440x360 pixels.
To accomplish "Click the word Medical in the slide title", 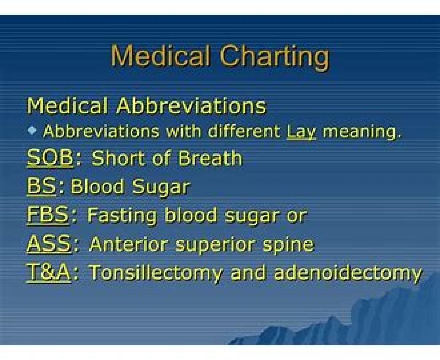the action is (160, 55).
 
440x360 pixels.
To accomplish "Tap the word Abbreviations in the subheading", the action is (191, 106).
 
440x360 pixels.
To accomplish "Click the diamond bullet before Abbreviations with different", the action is (32, 131).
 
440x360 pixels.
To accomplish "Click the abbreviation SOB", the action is (50, 158).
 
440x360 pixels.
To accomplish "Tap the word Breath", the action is (210, 158).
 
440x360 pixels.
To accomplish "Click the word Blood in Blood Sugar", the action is (98, 186).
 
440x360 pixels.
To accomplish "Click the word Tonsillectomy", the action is (156, 273).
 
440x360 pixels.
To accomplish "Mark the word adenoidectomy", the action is (348, 273).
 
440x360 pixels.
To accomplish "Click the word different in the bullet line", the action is (244, 131).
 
